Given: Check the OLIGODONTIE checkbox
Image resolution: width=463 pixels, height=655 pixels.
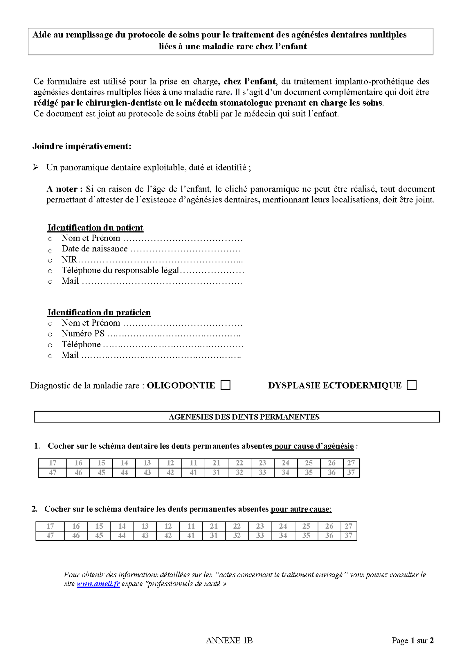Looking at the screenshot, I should tap(225, 385).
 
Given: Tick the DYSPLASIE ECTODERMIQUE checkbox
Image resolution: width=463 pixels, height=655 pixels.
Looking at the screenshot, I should tap(412, 385).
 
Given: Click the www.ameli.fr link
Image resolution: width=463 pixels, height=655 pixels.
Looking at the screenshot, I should tap(98, 584).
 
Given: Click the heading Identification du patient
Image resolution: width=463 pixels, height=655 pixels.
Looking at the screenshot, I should tap(95, 227).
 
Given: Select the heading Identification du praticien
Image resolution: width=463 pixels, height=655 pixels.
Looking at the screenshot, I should tap(99, 312).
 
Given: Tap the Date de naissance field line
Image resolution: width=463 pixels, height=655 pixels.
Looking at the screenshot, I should tap(185, 249).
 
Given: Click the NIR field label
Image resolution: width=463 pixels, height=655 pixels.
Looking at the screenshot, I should tap(69, 259).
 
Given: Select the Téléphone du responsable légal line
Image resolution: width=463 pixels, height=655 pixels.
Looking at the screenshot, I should tap(153, 270).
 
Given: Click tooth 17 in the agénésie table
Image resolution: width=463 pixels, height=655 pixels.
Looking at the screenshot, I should tap(52, 463).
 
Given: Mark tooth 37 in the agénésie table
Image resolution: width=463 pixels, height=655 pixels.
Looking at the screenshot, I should tap(351, 472).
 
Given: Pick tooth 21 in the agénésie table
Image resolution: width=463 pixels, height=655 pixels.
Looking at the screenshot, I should tap(216, 463).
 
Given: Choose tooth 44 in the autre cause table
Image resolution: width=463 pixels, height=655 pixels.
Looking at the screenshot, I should tap(122, 535).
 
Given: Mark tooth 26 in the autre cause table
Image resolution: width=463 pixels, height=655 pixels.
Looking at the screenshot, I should tap(329, 526).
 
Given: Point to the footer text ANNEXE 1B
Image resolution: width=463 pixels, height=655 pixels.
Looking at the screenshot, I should tap(229, 640).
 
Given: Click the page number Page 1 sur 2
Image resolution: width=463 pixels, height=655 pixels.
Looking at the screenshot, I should tap(412, 640).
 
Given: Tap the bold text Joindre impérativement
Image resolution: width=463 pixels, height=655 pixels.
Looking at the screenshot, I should tap(82, 146).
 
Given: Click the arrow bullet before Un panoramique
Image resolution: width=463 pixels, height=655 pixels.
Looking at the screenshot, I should tap(36, 167).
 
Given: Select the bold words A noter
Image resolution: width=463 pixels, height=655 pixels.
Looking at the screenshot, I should tap(64, 189).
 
